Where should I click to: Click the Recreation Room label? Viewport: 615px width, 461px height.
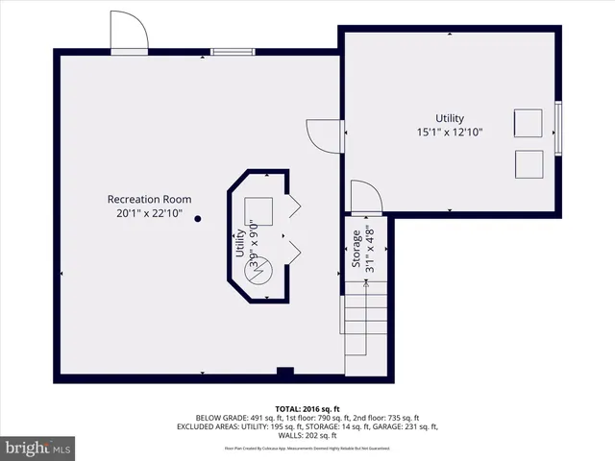point(149,199)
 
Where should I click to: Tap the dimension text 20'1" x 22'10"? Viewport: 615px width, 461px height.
point(149,213)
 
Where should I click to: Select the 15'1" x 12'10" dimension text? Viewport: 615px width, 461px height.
point(450,132)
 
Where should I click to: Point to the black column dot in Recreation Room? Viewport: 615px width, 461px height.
point(198,219)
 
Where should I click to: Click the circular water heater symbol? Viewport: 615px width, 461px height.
point(261,272)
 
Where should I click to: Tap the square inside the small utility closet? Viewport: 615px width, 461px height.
point(259,210)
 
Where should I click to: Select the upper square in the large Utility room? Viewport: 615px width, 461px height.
point(528,124)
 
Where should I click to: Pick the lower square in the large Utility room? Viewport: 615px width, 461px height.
point(528,164)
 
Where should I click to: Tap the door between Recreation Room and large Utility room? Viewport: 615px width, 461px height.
point(325,135)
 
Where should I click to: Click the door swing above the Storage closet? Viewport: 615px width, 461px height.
point(365,197)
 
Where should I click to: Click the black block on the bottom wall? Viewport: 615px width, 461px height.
point(283,373)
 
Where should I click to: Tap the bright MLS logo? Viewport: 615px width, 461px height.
point(38,448)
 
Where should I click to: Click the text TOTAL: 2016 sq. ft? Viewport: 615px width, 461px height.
point(307,408)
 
